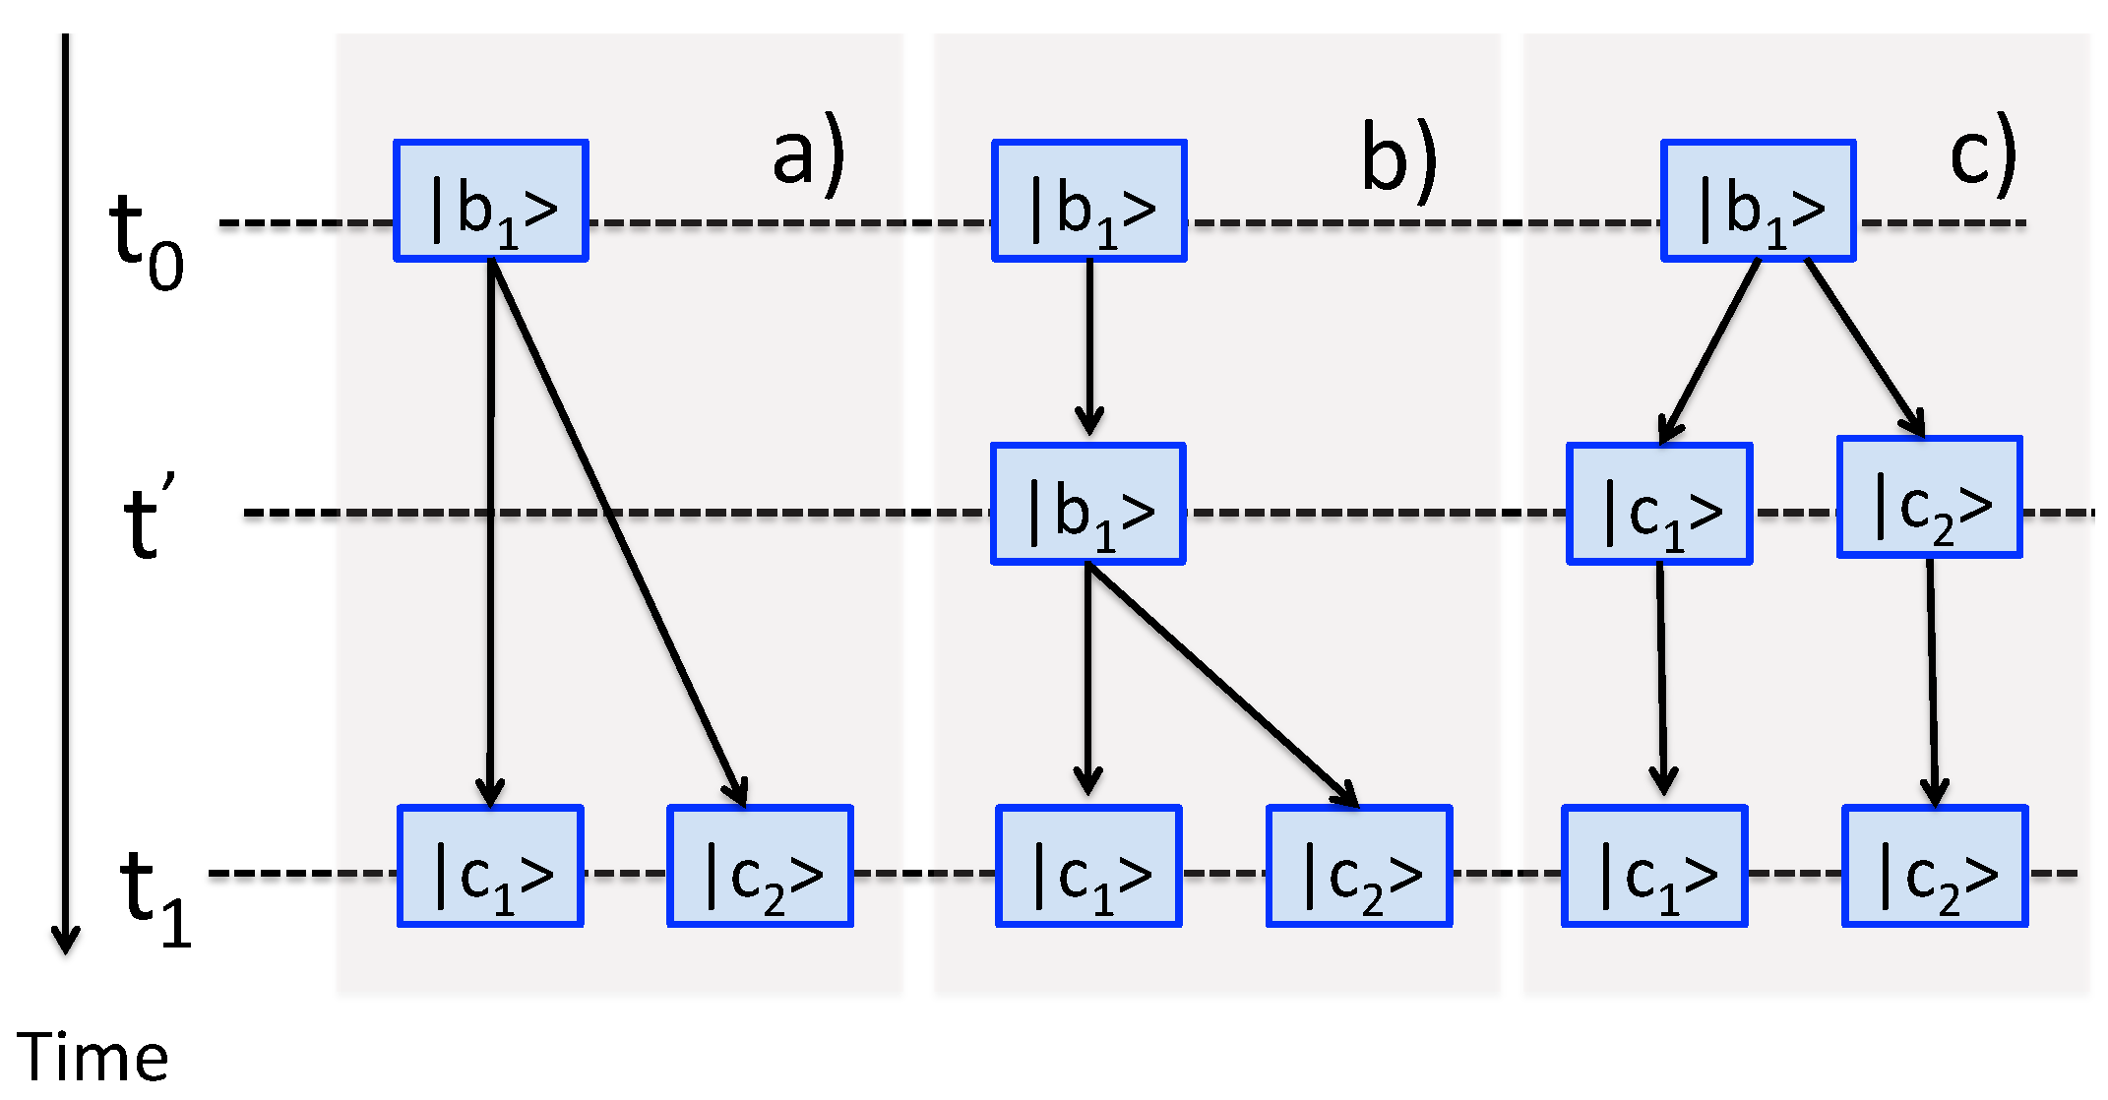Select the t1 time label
coord(155,896)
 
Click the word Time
coord(93,1057)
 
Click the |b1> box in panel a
coord(491,201)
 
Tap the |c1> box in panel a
coord(490,867)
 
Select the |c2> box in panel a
coord(760,867)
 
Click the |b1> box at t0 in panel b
coord(1089,201)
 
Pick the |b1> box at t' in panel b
coord(1088,504)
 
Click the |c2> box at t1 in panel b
coord(1359,867)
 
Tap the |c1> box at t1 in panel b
coord(1088,867)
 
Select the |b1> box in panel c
coord(1759,201)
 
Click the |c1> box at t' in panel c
coord(1659,504)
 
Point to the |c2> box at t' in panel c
coord(1930,498)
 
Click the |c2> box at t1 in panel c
coord(1935,867)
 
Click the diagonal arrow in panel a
coord(618,531)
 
